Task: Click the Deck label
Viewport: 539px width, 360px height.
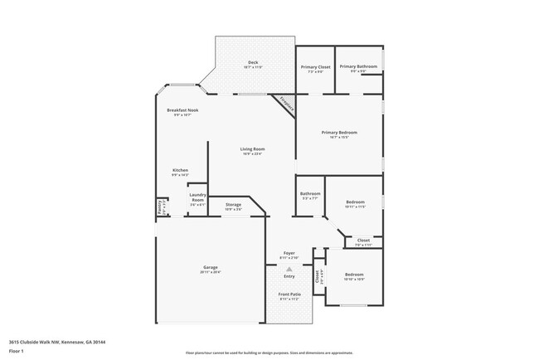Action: pos(253,63)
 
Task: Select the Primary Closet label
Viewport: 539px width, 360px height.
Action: pos(315,67)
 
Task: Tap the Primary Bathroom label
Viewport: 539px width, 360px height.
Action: pos(358,67)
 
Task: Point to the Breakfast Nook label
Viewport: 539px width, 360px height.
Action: pos(182,110)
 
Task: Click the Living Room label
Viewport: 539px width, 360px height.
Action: pos(253,149)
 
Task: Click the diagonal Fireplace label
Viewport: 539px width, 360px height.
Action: pos(287,104)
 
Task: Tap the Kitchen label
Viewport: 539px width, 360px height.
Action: pos(180,170)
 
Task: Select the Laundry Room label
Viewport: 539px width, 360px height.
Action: pos(197,197)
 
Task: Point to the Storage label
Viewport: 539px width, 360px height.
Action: pos(233,205)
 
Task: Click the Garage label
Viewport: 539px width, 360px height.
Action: pos(210,267)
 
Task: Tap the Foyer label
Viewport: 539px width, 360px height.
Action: pos(289,253)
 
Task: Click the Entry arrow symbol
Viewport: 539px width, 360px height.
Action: pos(289,270)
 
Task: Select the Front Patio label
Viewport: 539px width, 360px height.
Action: pos(289,294)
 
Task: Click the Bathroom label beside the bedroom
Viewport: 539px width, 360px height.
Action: pos(310,195)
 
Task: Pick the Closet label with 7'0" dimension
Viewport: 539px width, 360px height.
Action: pos(363,241)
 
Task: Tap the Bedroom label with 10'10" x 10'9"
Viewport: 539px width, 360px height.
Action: pos(354,275)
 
